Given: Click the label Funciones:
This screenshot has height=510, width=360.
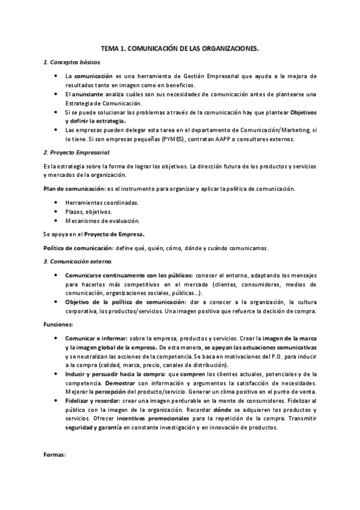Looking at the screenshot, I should (x=58, y=324).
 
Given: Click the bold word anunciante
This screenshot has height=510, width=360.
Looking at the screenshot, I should (x=92, y=94).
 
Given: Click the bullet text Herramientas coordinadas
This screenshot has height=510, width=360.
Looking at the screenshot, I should (x=102, y=203).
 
